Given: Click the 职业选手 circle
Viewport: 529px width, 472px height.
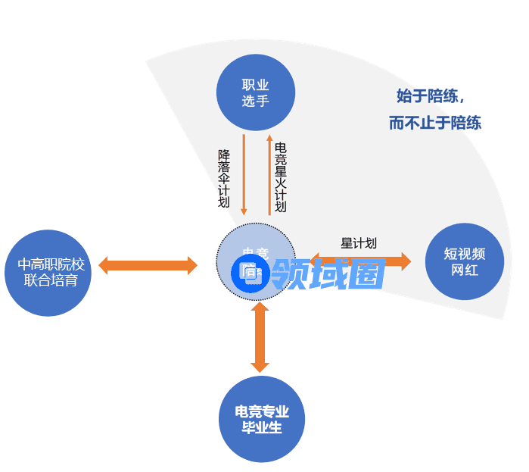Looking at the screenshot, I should (x=255, y=92).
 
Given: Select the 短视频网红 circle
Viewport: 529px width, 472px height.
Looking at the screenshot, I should (x=464, y=261).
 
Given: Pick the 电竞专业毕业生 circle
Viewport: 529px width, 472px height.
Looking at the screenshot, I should (x=261, y=419).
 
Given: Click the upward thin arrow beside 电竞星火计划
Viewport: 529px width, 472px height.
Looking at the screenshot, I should (x=269, y=174).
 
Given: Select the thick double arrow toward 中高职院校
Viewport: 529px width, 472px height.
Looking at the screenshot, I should (x=148, y=265).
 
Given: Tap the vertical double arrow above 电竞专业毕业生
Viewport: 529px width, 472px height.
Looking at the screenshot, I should (x=260, y=337).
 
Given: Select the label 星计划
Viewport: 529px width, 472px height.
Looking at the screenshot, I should (x=358, y=243).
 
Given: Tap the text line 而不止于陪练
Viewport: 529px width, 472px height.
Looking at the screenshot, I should (x=435, y=123).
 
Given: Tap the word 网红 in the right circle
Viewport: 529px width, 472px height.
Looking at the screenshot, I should (x=464, y=270).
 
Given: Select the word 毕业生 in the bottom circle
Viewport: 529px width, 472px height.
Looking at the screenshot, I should (x=261, y=428).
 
